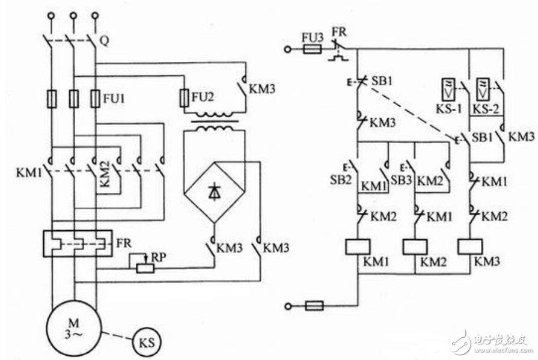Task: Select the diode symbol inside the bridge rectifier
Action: pos(215,192)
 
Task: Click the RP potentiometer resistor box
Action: pos(145,267)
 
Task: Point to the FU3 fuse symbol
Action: pos(313,49)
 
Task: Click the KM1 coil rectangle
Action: pos(358,246)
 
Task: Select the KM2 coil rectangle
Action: pos(415,246)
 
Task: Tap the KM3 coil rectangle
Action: pos(469,246)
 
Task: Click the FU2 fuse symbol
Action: pos(185,99)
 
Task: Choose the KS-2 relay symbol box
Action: pos(483,89)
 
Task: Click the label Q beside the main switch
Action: pos(105,41)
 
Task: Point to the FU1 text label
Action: pos(114,99)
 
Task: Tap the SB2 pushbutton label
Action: pos(341,180)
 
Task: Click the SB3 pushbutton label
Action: pos(401,180)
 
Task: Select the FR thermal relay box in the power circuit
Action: pos(78,243)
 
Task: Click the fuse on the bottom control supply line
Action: pos(314,305)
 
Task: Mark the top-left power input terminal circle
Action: pos(52,16)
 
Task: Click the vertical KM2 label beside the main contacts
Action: pos(105,174)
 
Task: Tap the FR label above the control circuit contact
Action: pos(339,32)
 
